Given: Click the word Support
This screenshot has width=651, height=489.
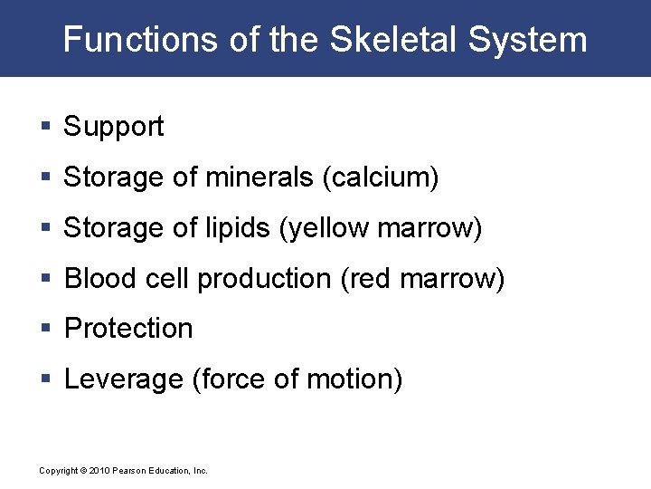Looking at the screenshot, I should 113,127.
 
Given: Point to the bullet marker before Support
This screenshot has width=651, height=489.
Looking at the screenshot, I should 45,127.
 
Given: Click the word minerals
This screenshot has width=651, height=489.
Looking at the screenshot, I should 260,177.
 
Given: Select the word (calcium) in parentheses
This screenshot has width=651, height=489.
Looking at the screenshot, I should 381,177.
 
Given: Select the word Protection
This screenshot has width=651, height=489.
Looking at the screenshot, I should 128,328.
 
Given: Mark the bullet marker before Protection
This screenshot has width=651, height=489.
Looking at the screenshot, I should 45,328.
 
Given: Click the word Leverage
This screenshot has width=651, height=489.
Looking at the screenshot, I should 124,379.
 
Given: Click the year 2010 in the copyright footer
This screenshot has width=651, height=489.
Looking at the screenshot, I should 99,471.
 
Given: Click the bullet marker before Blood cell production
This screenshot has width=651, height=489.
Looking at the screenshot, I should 45,279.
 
